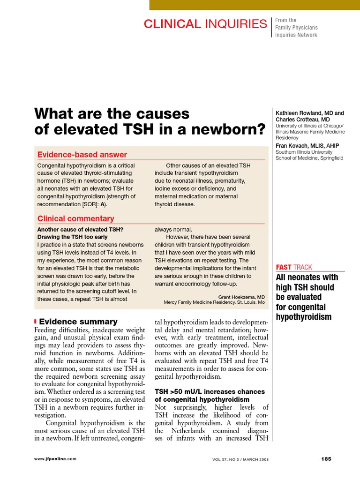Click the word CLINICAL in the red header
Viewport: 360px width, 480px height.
click(x=172, y=24)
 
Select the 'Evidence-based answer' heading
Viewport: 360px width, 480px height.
click(x=82, y=155)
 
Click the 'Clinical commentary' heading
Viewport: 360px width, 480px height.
click(x=75, y=218)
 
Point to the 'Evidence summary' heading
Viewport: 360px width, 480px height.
click(x=78, y=322)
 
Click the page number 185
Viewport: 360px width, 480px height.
click(x=326, y=459)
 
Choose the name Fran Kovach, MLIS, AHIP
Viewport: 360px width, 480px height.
click(x=307, y=146)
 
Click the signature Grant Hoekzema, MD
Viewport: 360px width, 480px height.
click(x=241, y=297)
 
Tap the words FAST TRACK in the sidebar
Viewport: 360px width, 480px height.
click(x=294, y=267)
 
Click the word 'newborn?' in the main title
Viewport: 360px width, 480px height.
click(x=229, y=129)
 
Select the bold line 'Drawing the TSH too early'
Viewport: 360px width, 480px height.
click(x=72, y=237)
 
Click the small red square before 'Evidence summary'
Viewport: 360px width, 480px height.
click(x=36, y=322)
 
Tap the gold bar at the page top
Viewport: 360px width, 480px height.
click(x=255, y=5)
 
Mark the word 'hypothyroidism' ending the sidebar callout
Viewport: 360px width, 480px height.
click(x=304, y=317)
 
